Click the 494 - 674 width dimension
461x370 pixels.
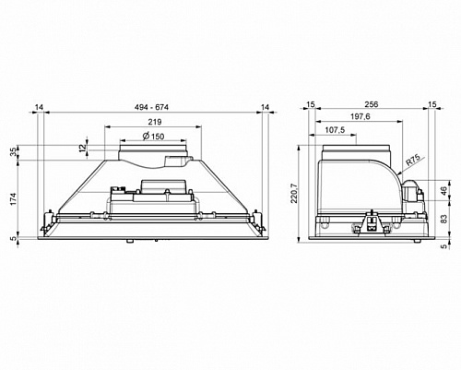[151, 107]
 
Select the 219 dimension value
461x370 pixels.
[155, 122]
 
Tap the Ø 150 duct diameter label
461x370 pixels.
[153, 136]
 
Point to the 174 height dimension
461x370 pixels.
[13, 199]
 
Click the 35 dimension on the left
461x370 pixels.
[13, 152]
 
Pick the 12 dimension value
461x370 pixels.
[82, 148]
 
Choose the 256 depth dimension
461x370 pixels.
[372, 104]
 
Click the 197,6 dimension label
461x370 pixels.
[361, 116]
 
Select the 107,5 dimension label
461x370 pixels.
[335, 130]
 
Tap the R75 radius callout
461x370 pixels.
[414, 161]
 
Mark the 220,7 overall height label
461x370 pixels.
[294, 194]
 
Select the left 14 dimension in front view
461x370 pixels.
[39, 107]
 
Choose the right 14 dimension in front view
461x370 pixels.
[265, 107]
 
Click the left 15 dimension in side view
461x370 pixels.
[311, 104]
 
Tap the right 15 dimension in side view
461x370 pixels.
[432, 104]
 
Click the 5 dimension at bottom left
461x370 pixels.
[13, 238]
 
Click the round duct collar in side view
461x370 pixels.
[357, 152]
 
